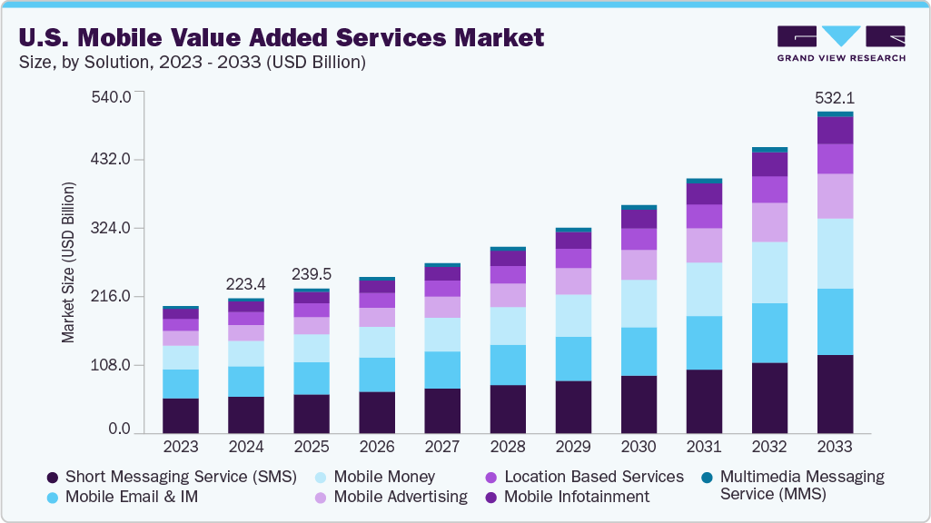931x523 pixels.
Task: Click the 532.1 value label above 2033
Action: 835,98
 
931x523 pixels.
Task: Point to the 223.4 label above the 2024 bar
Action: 246,283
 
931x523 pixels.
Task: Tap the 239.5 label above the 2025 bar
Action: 312,274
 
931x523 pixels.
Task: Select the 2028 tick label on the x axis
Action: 508,447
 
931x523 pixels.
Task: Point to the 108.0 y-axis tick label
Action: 113,365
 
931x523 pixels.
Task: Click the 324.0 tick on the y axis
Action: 113,228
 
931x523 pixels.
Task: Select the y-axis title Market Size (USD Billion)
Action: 68,262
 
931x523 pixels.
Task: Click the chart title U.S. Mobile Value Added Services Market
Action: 281,37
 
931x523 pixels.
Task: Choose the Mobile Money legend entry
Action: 384,477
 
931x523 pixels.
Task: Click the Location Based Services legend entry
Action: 593,477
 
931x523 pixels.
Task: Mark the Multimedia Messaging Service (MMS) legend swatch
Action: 707,477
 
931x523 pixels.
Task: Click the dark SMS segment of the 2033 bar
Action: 835,394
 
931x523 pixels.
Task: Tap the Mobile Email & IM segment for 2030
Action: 639,351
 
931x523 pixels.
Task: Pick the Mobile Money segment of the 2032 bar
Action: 769,272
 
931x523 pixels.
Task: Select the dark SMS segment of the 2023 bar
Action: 181,416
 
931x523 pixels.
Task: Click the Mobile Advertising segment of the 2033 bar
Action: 835,196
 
